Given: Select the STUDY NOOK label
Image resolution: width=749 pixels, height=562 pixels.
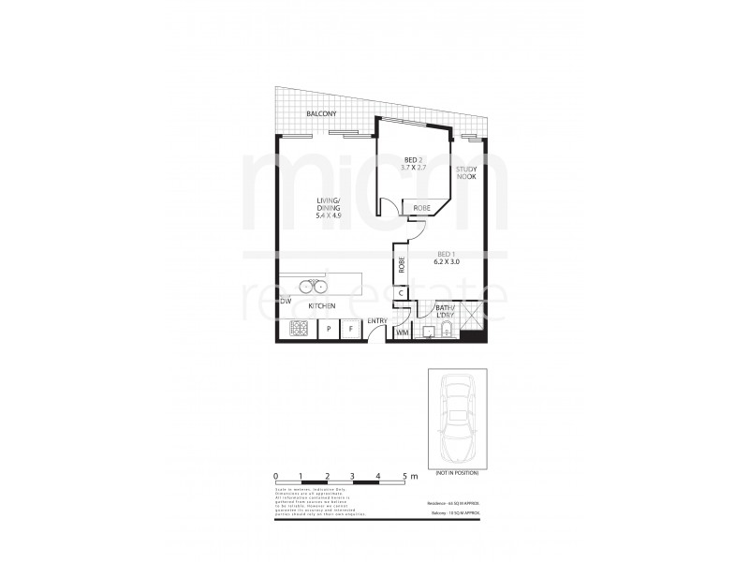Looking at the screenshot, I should pyautogui.click(x=466, y=172).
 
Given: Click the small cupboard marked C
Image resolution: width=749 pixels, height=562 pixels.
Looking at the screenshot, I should pyautogui.click(x=401, y=294).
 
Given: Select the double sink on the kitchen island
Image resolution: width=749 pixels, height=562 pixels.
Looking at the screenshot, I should pyautogui.click(x=311, y=287).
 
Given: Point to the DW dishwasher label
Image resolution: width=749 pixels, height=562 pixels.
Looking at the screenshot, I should pyautogui.click(x=286, y=301).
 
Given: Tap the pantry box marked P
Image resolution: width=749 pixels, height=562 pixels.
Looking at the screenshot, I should pyautogui.click(x=329, y=329).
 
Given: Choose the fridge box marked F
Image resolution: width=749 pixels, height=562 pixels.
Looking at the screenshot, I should pyautogui.click(x=349, y=329).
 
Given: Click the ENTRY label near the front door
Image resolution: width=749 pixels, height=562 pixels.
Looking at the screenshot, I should pyautogui.click(x=377, y=321).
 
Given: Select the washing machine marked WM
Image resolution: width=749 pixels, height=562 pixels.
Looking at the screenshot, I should pyautogui.click(x=403, y=333).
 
